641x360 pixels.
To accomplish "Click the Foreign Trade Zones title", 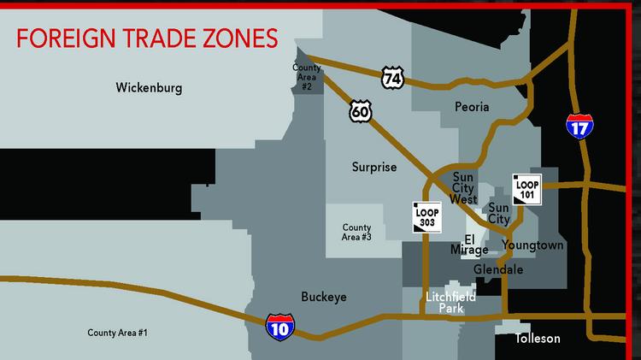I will coord(147,38).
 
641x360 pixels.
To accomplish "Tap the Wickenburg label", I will coord(150,87).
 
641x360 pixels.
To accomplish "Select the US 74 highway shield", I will coord(392,77).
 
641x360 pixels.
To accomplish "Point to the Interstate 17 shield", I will coord(579,127).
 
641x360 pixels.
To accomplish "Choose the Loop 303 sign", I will coord(426,216).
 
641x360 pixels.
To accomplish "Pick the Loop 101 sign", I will coord(526,188).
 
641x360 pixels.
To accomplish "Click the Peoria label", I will coord(472,107).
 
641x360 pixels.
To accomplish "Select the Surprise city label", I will coord(374,168).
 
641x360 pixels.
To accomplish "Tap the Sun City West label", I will coord(463,188).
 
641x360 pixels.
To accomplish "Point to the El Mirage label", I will coord(469,245).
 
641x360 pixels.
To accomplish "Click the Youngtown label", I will coord(532,245).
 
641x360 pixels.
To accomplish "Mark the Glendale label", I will coord(498,269).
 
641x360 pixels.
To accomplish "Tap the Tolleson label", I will coord(538,339).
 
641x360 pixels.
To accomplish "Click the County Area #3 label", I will coord(356,232).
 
